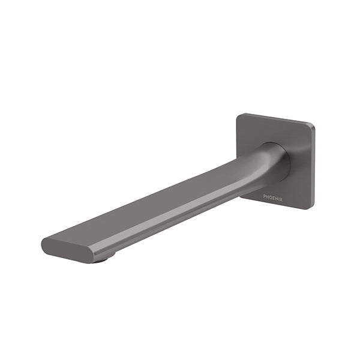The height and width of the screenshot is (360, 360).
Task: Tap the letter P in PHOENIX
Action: (x=265, y=196)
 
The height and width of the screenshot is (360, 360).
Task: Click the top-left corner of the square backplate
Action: (x=238, y=115)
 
